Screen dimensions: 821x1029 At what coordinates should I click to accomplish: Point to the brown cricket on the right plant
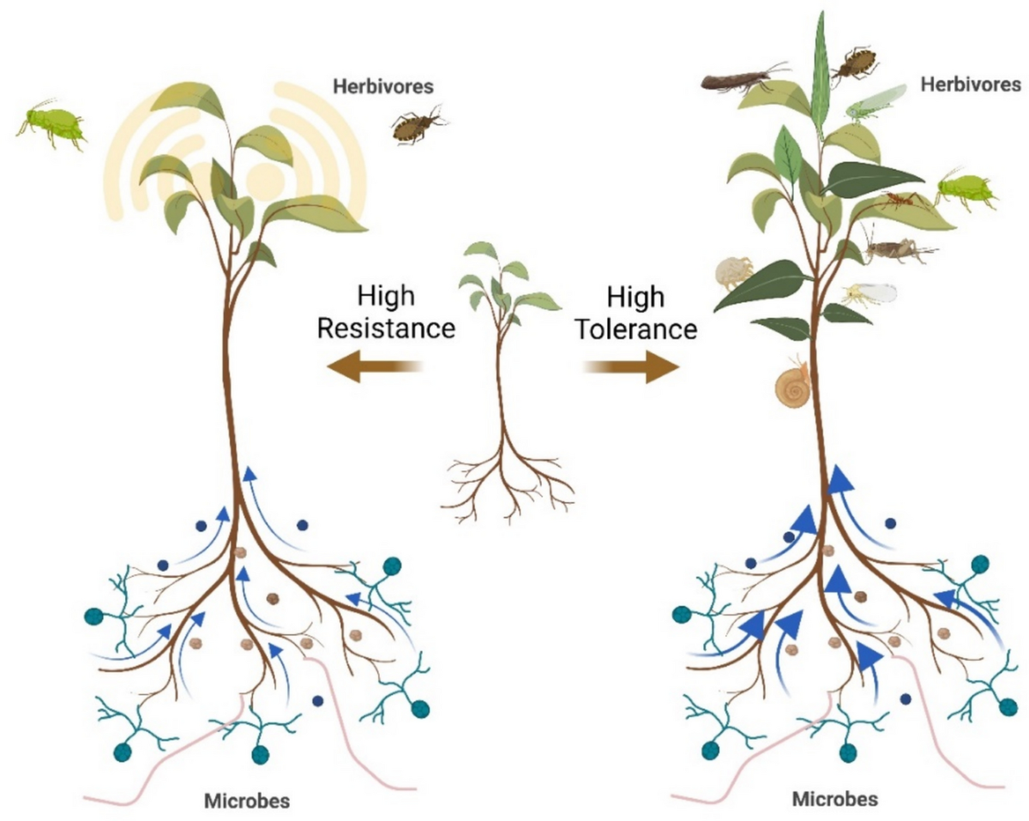pos(896,249)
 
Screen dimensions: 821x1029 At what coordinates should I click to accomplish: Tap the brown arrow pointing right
pos(630,368)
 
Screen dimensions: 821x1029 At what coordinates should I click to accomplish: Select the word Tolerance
pos(635,327)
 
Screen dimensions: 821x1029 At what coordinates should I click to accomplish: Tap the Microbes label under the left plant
pos(247,802)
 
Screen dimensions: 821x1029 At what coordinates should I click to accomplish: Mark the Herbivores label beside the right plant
pos(972,84)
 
